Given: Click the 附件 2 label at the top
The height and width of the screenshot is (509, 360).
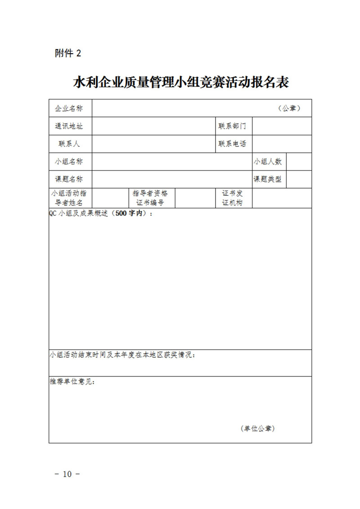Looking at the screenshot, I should pyautogui.click(x=68, y=54).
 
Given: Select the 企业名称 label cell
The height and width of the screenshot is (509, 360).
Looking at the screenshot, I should pyautogui.click(x=69, y=109).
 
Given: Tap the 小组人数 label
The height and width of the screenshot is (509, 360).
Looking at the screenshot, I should pyautogui.click(x=268, y=162).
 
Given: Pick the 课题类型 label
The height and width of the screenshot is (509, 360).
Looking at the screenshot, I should pyautogui.click(x=268, y=179).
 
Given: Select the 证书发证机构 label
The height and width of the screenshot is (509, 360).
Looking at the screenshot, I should pyautogui.click(x=232, y=198).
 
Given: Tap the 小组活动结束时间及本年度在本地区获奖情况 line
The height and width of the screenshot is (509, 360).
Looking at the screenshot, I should pyautogui.click(x=123, y=355).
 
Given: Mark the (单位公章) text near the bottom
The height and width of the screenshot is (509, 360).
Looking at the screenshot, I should pyautogui.click(x=257, y=428).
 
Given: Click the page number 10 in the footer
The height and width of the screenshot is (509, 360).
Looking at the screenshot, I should pyautogui.click(x=67, y=474).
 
